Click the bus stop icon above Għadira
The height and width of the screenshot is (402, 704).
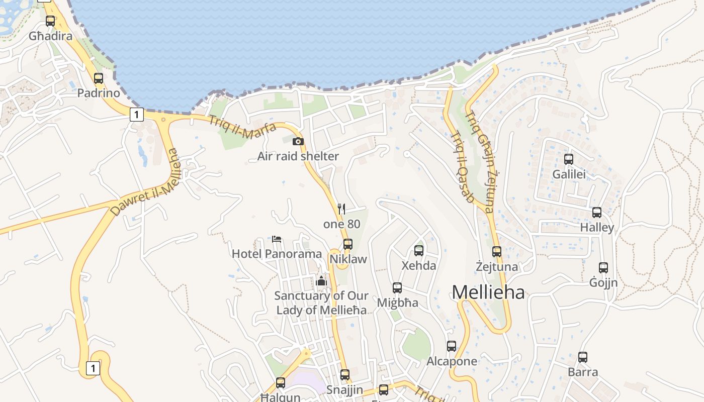50,21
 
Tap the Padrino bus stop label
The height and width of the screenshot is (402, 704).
99,93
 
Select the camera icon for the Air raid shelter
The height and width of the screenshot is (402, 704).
298,141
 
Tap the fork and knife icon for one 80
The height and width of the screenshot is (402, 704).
341,209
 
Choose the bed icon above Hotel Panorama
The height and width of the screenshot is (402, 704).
276,239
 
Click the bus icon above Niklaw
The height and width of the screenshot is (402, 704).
347,244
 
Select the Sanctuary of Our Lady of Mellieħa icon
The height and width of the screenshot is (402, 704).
321,280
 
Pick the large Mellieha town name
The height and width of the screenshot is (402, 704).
488,292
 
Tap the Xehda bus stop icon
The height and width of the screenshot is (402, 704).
419,250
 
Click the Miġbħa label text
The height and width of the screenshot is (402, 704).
397,303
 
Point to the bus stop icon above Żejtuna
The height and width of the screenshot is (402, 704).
497,252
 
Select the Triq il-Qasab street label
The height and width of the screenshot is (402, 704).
462,167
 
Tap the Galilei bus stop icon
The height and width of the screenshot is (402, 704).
569,159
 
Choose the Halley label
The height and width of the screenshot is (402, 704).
597,228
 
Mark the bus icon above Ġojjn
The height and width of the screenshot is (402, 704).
603,268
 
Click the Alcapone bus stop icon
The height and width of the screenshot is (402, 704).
452,346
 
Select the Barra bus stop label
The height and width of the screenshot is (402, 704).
583,372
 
